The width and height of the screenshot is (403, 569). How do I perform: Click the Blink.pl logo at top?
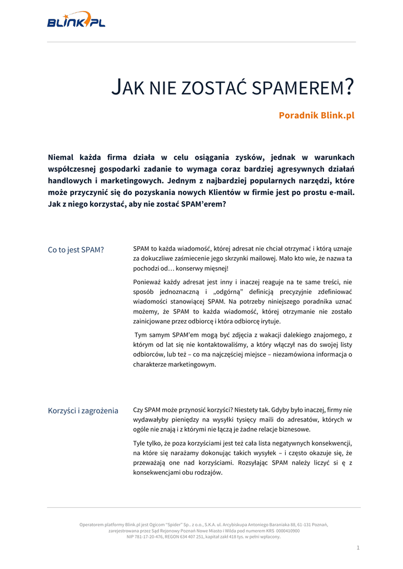click(76, 20)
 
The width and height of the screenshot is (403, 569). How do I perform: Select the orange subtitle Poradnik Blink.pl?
click(316, 116)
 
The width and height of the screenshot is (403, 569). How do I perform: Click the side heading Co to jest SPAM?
click(76, 249)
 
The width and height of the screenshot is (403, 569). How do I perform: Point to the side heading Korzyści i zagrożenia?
click(83, 411)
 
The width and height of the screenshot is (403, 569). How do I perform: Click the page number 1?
click(358, 548)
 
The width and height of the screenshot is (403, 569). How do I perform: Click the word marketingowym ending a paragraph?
click(175, 365)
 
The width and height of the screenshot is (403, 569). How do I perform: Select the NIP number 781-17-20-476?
click(149, 537)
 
